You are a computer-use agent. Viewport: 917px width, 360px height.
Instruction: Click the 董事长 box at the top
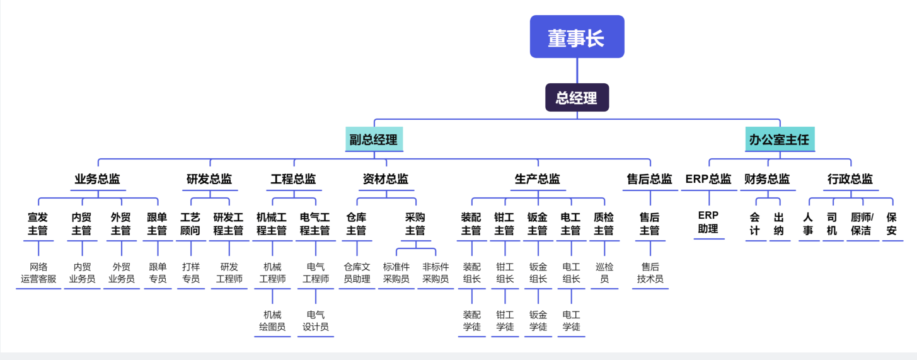[577, 37]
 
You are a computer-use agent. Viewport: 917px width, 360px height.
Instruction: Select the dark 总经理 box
[577, 98]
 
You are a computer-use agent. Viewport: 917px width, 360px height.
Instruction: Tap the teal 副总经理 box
[374, 139]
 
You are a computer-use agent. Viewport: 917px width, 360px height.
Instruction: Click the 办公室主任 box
[780, 139]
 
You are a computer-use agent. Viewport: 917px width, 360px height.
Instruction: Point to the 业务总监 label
[98, 179]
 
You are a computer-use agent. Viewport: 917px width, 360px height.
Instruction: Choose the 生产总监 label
[538, 179]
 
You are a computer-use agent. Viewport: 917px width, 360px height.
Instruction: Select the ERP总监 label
[708, 179]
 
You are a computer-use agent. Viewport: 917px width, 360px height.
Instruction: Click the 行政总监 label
[850, 179]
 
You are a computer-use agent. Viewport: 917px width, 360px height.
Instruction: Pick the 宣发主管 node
[38, 224]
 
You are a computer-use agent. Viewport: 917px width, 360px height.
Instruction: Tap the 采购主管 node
[415, 224]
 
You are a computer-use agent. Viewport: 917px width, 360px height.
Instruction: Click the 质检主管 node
[604, 224]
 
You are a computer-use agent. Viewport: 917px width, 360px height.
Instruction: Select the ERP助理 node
[708, 222]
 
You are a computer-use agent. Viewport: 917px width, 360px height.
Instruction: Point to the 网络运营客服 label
[38, 273]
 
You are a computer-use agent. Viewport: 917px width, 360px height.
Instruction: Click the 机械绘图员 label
[272, 321]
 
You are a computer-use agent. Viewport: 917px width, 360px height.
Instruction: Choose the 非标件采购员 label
[435, 273]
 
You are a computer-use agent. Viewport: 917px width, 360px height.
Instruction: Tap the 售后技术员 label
[650, 273]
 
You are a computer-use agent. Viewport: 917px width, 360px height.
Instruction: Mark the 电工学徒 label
[571, 321]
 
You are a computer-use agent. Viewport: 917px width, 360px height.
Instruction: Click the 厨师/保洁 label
[862, 224]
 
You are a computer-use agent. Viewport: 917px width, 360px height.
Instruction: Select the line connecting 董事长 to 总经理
[577, 71]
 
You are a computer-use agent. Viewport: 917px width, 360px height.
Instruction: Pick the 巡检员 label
[604, 273]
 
